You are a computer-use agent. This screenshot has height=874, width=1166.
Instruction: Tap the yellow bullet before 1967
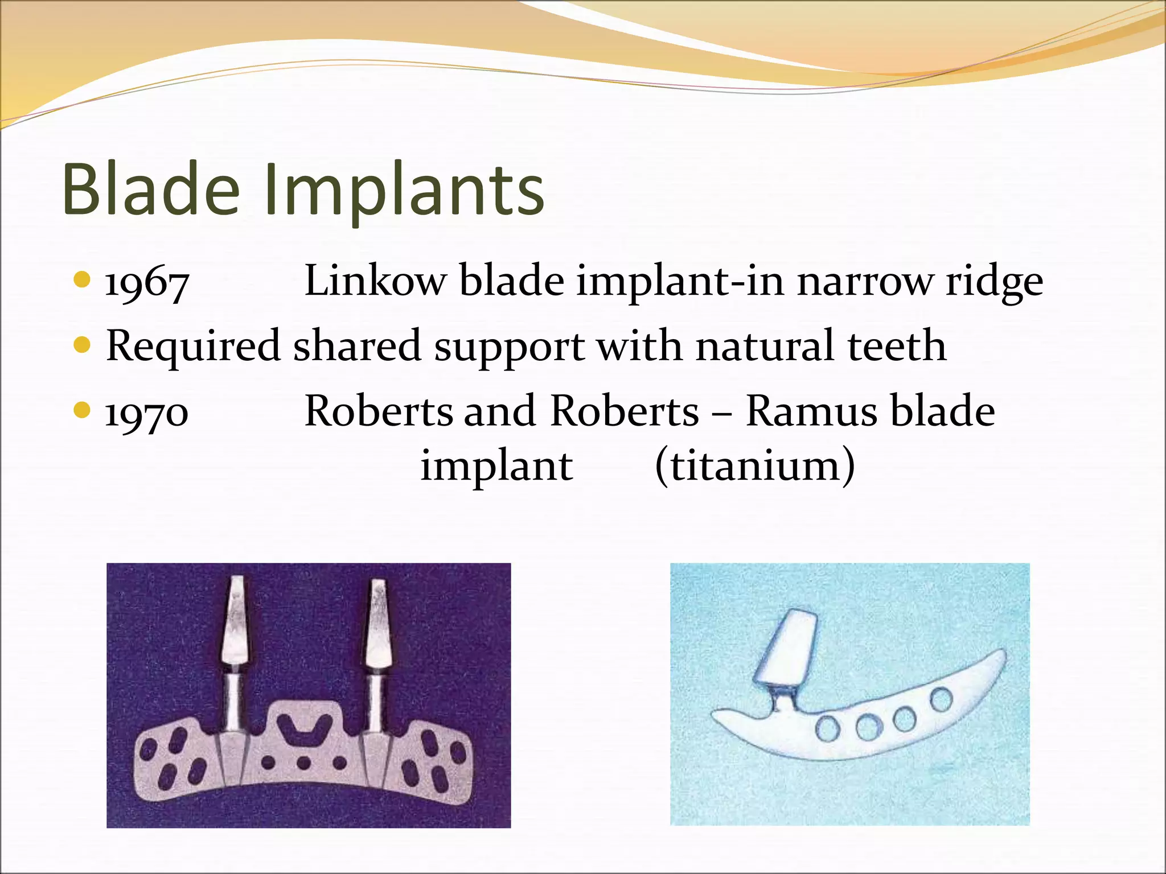(83, 279)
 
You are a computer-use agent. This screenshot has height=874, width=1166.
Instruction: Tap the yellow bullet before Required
(83, 345)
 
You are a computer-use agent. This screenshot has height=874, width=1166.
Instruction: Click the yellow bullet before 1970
(83, 410)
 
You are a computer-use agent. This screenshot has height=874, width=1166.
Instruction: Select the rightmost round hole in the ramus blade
(942, 699)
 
